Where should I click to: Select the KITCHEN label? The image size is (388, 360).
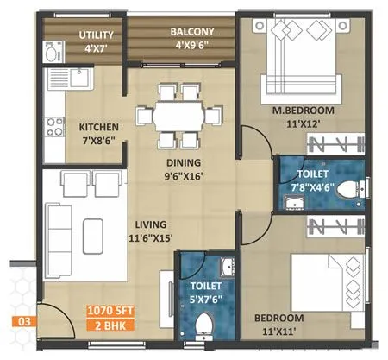coord(99,126)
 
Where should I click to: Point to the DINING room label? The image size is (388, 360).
coord(185,161)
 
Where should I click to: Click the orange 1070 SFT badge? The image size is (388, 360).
coord(110,310)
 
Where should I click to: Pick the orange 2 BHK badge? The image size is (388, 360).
coord(110,325)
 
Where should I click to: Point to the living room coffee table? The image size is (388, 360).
coord(92,229)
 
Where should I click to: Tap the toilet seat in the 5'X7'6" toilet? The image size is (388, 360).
coord(204,325)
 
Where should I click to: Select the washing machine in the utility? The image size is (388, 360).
coord(52,53)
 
